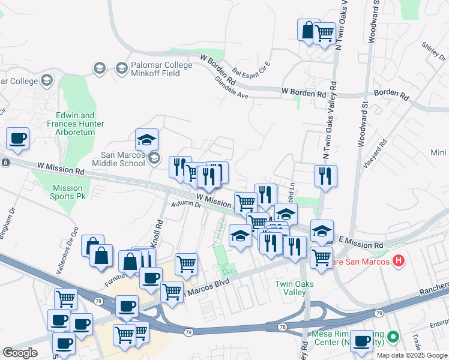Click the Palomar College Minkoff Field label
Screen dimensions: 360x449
point(156,70)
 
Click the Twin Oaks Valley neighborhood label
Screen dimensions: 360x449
point(291,288)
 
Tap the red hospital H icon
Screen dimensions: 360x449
point(397,261)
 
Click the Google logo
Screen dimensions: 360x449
point(20,353)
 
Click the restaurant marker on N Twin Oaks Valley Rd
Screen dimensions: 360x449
point(325,176)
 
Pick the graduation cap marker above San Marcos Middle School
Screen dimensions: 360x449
point(146,140)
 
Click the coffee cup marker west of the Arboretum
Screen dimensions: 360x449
point(18,139)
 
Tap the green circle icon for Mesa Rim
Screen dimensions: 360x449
point(393,337)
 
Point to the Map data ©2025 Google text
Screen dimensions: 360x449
point(411,355)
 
